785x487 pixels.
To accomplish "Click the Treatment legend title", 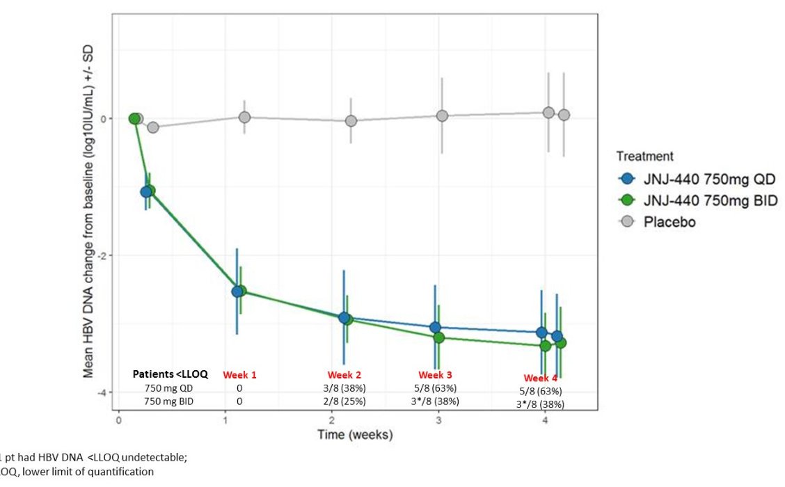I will click(644, 157).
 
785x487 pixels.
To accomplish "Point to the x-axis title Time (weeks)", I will click(355, 435).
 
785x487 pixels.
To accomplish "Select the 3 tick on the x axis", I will click(438, 421).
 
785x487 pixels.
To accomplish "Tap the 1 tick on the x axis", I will click(225, 421).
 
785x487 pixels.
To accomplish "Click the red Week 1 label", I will click(239, 375).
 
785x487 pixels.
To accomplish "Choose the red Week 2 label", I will click(344, 375).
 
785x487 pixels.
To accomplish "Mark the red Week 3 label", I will click(436, 375).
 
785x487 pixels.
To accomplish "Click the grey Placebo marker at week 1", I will click(244, 117).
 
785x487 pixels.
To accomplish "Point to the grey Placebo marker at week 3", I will click(442, 115).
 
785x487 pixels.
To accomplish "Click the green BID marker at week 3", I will click(439, 337).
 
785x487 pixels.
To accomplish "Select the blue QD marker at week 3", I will click(435, 327).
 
